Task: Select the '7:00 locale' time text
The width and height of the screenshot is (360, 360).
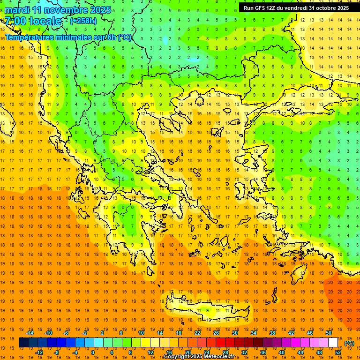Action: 33,21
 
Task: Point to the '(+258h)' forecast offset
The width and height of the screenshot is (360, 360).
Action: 83,21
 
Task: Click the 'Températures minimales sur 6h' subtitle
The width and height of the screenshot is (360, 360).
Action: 68,37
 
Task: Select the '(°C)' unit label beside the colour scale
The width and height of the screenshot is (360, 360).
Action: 349,343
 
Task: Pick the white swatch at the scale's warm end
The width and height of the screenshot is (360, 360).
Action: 333,343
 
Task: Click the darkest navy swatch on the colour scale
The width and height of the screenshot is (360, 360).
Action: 23,343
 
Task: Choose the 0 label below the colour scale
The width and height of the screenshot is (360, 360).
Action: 93,352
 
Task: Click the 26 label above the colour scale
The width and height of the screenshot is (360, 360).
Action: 216,333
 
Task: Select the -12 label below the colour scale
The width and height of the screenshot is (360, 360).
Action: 39,352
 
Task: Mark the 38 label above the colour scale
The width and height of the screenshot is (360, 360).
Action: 272,333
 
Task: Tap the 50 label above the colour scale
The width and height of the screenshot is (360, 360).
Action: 329,333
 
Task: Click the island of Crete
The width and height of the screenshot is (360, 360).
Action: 206,309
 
